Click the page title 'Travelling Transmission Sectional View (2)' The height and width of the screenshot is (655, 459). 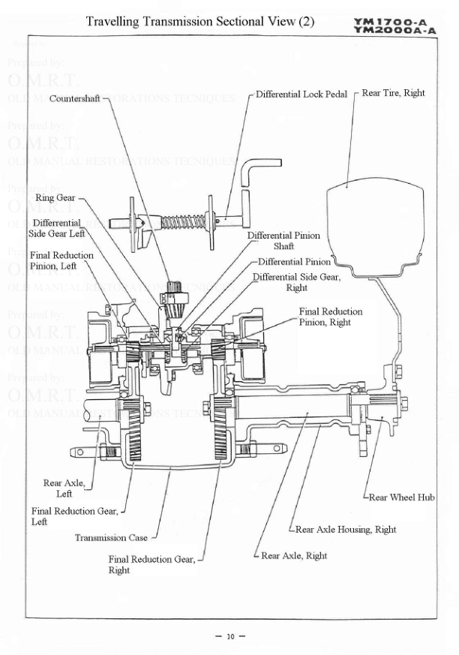click(200, 21)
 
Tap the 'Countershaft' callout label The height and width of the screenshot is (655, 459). click(75, 98)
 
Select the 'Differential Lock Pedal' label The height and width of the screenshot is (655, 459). click(301, 95)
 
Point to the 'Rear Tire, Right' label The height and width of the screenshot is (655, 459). click(393, 93)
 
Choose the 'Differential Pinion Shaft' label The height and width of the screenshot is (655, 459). click(283, 241)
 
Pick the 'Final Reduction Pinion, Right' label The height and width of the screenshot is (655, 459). click(331, 317)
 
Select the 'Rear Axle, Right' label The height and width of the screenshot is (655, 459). click(295, 556)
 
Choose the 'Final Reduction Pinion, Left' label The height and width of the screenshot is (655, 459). click(61, 260)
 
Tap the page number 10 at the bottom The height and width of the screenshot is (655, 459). click(230, 637)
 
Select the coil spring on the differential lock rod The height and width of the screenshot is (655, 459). click(179, 222)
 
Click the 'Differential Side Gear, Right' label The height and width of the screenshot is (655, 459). click(296, 282)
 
